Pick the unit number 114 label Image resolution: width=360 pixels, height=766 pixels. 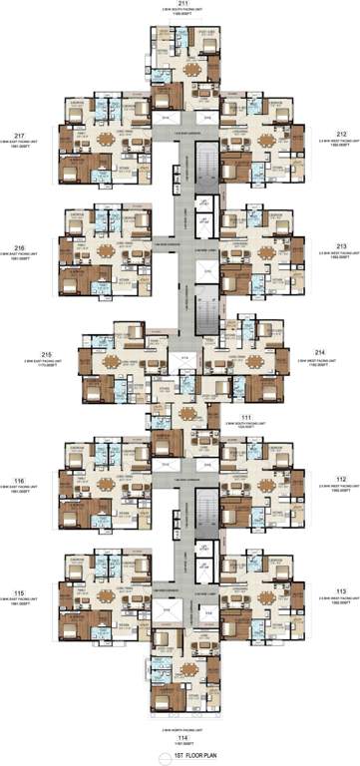(180, 738)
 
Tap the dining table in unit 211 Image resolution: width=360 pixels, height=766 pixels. (191, 71)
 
